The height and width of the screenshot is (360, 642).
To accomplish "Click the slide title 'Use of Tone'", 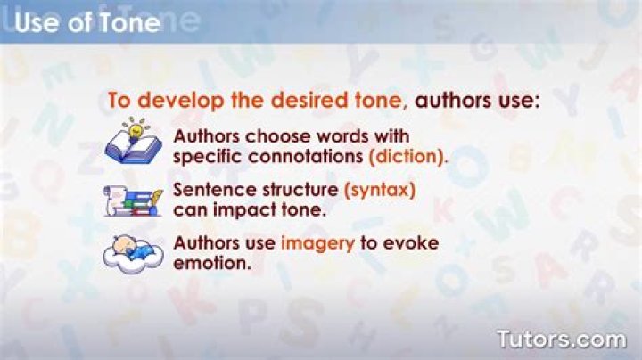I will pos(87,22).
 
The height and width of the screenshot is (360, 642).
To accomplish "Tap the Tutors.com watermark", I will pos(561,340).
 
